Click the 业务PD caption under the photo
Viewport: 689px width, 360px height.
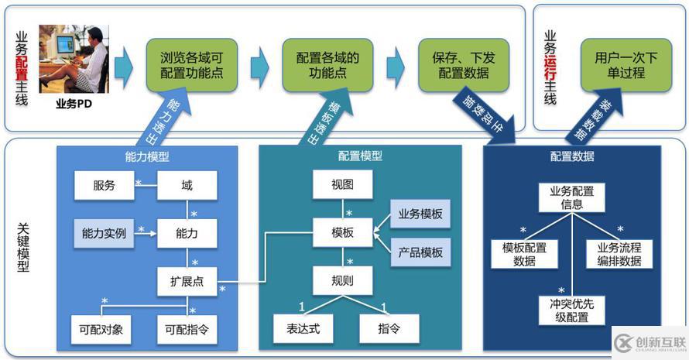[74, 103]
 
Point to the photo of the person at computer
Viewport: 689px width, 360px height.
[74, 59]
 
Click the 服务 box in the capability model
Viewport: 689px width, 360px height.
[104, 186]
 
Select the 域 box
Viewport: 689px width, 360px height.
[187, 186]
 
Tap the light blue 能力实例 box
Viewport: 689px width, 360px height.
[104, 232]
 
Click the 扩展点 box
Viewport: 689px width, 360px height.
[187, 281]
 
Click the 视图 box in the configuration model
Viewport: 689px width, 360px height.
[343, 186]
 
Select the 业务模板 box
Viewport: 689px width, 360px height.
[420, 214]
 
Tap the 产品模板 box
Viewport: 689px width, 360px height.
[420, 252]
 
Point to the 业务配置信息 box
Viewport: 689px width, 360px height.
[572, 197]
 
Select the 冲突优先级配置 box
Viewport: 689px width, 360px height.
[572, 310]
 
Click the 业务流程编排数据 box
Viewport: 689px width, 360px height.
[619, 254]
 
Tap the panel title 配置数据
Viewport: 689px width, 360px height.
[572, 156]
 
